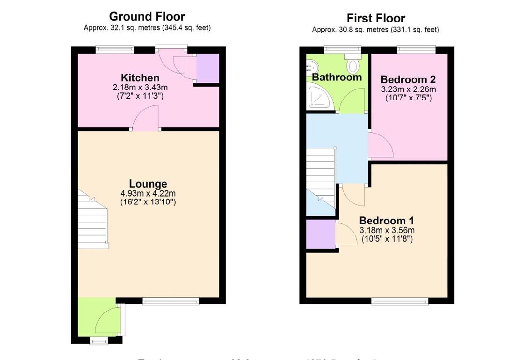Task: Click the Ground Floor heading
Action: click(147, 17)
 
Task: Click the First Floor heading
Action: click(376, 18)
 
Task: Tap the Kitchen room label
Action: click(140, 78)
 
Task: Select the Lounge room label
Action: click(148, 184)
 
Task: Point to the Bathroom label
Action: click(337, 77)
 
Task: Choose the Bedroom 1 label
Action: click(386, 220)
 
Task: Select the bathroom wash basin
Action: click(311, 67)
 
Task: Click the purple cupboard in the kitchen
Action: click(207, 69)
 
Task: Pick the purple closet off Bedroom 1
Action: click(320, 234)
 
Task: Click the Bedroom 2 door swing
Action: click(379, 146)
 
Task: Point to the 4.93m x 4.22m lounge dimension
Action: click(148, 193)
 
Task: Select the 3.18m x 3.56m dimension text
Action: click(386, 230)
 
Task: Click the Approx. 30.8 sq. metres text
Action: click(375, 30)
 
